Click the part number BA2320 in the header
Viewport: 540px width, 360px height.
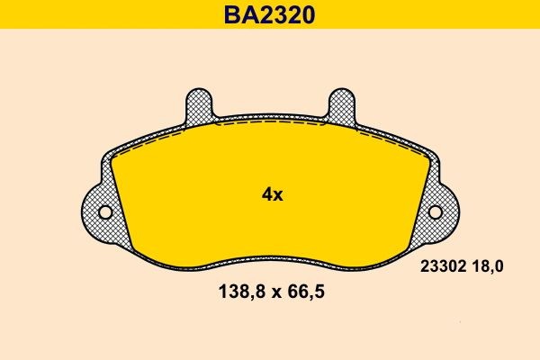[x=270, y=14]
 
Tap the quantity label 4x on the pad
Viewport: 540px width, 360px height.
[x=271, y=194]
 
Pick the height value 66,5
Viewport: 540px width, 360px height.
[x=303, y=292]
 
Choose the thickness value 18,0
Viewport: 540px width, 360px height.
[x=486, y=265]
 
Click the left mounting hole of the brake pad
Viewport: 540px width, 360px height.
[x=104, y=212]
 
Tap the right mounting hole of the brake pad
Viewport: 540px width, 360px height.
[x=436, y=212]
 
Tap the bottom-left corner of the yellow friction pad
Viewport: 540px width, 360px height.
[x=136, y=251]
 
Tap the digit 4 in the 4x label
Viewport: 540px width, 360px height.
[x=265, y=194]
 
